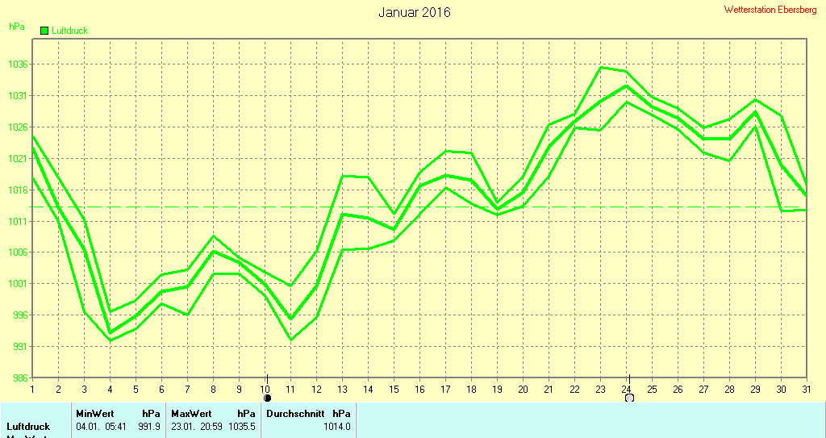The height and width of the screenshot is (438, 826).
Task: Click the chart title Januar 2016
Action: tap(415, 12)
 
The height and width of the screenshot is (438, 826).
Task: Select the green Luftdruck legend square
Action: tap(44, 30)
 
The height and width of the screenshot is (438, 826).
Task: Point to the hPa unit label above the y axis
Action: tap(16, 27)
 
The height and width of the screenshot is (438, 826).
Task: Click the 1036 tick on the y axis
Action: tap(16, 65)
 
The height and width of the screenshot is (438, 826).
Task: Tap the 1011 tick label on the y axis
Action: tap(16, 221)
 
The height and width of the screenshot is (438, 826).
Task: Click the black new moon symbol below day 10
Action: tap(267, 398)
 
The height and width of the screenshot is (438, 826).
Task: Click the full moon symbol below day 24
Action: tap(629, 398)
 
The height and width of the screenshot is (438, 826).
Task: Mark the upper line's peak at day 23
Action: tap(601, 67)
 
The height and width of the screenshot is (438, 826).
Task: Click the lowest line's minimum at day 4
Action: tap(111, 340)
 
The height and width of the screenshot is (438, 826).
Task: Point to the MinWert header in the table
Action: tap(95, 413)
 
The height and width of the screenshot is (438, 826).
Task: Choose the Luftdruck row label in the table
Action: tap(28, 426)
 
